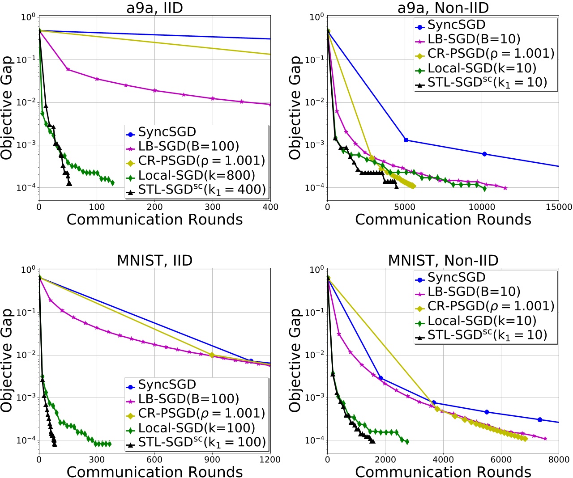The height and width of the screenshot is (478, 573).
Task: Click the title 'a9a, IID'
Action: tap(154, 8)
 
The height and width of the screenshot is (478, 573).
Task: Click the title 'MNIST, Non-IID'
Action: tap(443, 260)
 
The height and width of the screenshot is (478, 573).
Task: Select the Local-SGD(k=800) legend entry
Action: tap(197, 175)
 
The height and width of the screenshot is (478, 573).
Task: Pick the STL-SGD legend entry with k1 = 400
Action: tap(201, 190)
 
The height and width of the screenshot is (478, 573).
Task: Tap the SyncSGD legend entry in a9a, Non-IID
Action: tap(456, 25)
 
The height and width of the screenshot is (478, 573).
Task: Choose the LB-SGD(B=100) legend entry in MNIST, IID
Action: tap(188, 399)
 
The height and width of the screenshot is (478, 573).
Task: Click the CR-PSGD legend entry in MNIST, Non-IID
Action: tap(491, 306)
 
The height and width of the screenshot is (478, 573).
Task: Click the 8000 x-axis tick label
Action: tap(558, 460)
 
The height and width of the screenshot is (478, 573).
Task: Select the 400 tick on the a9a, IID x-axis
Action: tap(270, 207)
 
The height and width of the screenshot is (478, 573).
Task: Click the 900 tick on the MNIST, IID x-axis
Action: tap(212, 460)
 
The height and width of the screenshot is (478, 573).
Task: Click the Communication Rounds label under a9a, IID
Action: tap(154, 220)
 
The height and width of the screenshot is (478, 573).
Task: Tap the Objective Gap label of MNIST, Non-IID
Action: tap(295, 360)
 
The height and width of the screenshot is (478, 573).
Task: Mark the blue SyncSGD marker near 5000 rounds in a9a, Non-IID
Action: tap(406, 140)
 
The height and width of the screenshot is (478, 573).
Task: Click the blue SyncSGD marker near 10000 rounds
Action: tap(484, 154)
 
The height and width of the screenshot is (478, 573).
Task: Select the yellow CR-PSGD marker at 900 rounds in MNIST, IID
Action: tap(212, 355)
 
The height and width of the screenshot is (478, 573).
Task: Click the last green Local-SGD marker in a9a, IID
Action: tap(112, 182)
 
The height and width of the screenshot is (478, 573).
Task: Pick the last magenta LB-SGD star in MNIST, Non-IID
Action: tap(545, 439)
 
